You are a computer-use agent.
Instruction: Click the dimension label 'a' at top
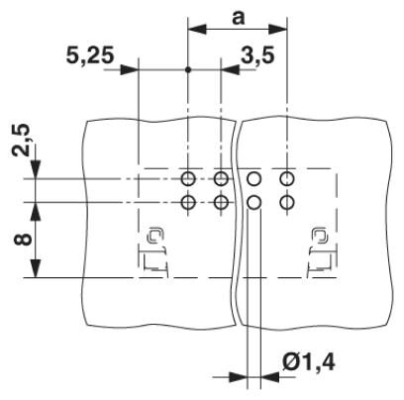pyautogui.click(x=238, y=18)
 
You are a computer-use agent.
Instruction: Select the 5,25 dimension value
pyautogui.click(x=90, y=54)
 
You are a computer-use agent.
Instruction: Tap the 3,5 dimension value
pyautogui.click(x=257, y=54)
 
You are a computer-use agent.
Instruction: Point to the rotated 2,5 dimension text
pyautogui.click(x=21, y=141)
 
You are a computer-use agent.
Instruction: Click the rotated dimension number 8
pyautogui.click(x=23, y=239)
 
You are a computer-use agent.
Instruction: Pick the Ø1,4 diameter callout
pyautogui.click(x=309, y=362)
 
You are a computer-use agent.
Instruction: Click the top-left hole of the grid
pyautogui.click(x=188, y=179)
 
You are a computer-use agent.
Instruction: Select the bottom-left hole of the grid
pyautogui.click(x=188, y=202)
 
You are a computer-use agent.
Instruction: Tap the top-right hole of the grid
pyautogui.click(x=287, y=179)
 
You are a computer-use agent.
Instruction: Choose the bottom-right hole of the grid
pyautogui.click(x=287, y=202)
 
